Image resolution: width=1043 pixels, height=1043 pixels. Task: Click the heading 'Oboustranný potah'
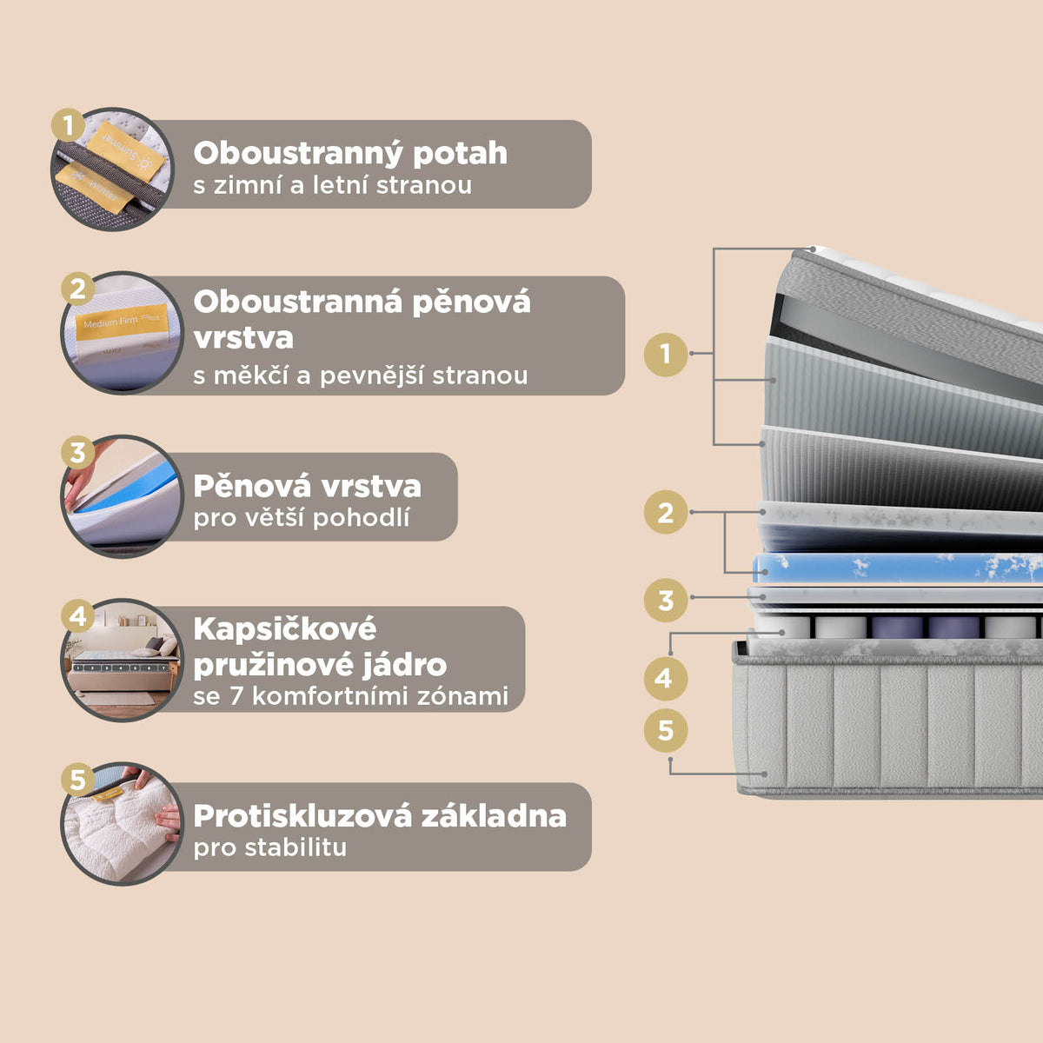click(x=350, y=153)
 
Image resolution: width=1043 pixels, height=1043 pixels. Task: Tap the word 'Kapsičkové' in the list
click(x=285, y=628)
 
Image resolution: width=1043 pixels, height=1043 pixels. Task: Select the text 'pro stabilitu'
click(x=269, y=847)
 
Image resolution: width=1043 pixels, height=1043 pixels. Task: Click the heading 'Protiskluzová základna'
click(x=380, y=816)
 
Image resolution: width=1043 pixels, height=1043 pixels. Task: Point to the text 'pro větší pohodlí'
click(x=302, y=518)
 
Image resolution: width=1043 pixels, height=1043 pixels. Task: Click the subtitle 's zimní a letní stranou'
click(x=332, y=185)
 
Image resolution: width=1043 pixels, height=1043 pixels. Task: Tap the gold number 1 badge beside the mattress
click(x=666, y=354)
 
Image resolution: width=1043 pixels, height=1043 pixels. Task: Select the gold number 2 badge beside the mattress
click(x=666, y=513)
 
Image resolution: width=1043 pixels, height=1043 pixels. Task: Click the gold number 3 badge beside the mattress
click(x=666, y=600)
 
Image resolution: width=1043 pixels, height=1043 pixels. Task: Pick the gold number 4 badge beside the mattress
click(x=666, y=678)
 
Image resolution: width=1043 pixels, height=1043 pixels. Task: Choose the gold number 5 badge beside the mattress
click(x=666, y=730)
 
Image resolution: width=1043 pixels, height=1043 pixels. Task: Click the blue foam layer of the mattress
click(x=895, y=569)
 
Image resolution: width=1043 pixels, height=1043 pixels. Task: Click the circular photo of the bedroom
click(x=123, y=661)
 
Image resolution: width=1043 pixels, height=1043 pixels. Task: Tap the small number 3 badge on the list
click(x=77, y=452)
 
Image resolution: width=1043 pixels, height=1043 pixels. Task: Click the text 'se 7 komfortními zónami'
click(x=350, y=696)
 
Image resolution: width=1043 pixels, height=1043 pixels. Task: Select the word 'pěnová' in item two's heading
click(x=470, y=302)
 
